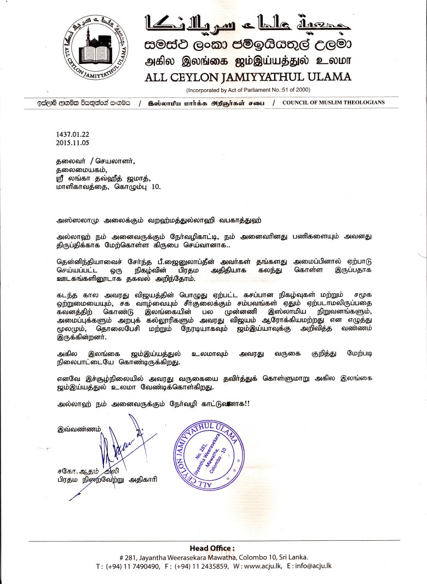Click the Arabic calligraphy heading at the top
(x=247, y=24)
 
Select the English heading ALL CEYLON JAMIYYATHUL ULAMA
(x=249, y=77)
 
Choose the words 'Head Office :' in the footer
(x=212, y=548)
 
